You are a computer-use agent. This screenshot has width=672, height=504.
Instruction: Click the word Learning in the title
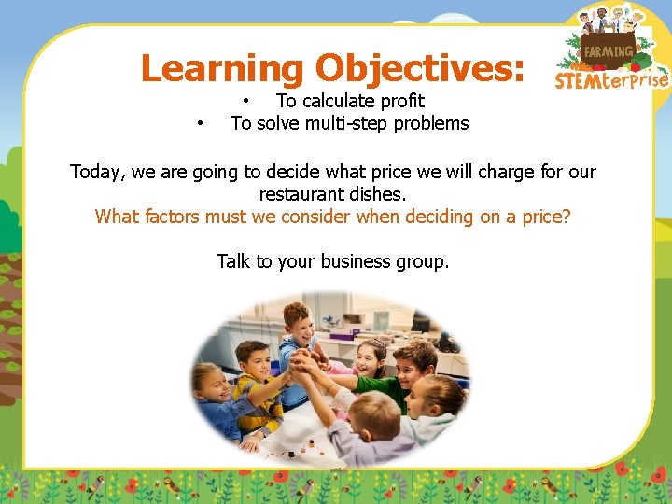[x=221, y=69]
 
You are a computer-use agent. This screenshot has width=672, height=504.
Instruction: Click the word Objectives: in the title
[x=420, y=69]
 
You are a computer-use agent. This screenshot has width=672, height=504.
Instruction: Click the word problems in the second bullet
[x=431, y=123]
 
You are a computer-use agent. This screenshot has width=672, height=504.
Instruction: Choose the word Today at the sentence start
[x=97, y=172]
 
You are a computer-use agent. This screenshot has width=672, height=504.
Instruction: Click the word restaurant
[x=304, y=194]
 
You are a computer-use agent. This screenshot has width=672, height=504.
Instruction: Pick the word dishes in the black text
[x=382, y=194]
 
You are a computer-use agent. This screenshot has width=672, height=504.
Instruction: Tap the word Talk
[x=233, y=261]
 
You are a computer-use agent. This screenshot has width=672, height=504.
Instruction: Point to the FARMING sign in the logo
[x=608, y=51]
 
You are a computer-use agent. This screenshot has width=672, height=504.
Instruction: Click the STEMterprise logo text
[x=611, y=80]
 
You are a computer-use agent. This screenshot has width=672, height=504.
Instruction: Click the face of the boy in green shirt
[x=413, y=358]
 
